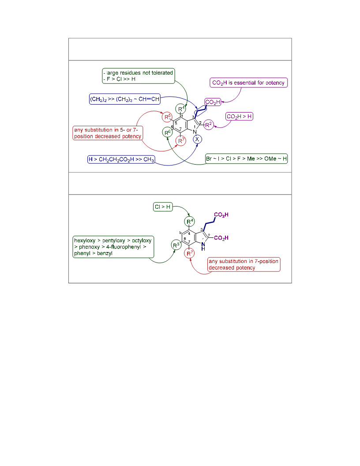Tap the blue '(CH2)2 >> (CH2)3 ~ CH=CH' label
coord(125,99)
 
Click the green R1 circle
coord(180,109)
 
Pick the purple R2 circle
coord(209,125)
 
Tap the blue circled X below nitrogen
coord(197,139)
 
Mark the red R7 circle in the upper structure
coord(180,141)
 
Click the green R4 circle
coord(190,222)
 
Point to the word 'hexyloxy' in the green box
coord(85,241)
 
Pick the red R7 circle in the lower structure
coord(189,253)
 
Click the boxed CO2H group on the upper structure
coord(213,102)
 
